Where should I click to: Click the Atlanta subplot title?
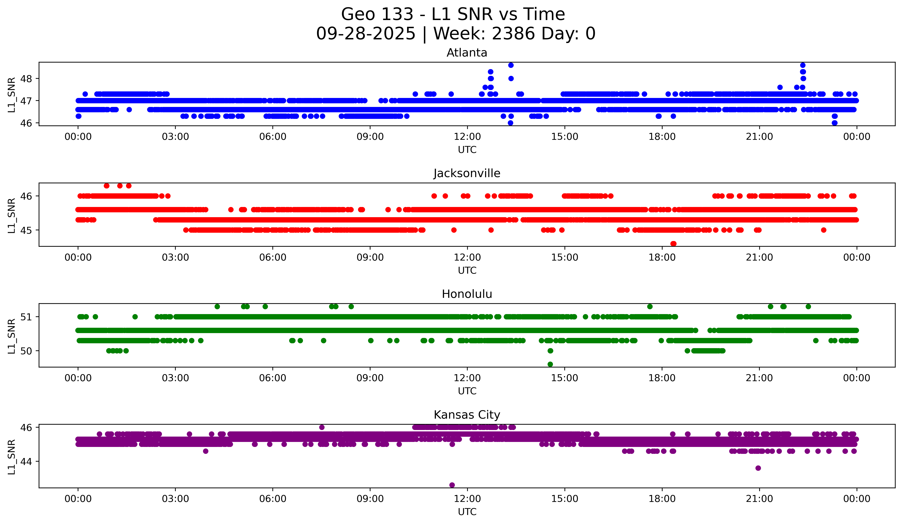click(x=467, y=53)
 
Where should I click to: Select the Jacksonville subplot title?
click(x=467, y=173)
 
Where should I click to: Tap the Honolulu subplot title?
click(x=467, y=294)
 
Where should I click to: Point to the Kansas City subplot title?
click(x=467, y=415)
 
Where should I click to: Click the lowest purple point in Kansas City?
click(x=452, y=485)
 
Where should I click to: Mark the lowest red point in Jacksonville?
click(x=673, y=244)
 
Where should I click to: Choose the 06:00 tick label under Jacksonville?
click(x=273, y=258)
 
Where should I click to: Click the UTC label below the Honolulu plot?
click(x=467, y=391)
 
